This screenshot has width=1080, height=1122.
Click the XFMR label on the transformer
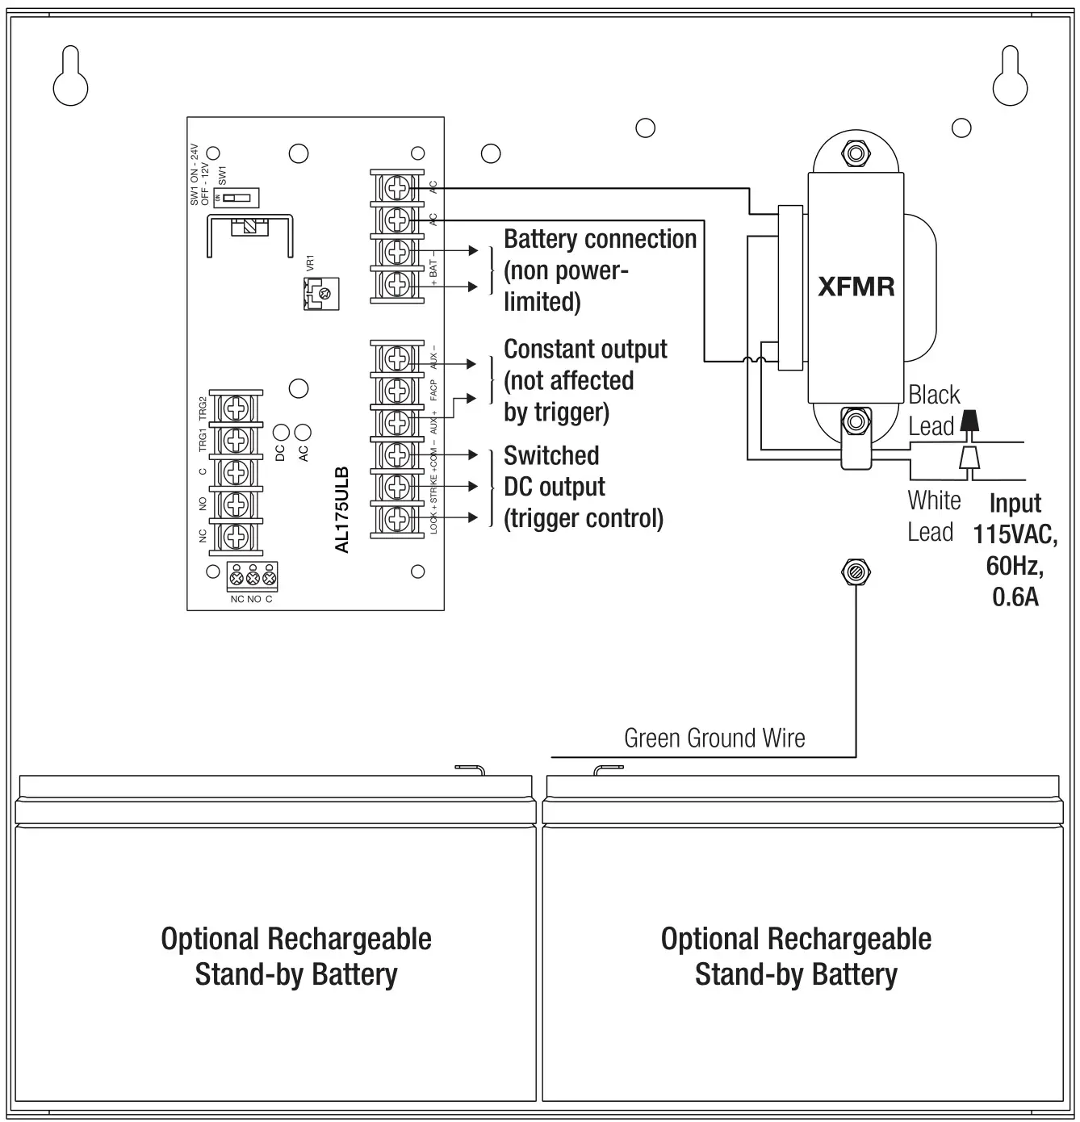[856, 287]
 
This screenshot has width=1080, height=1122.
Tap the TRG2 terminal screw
[236, 408]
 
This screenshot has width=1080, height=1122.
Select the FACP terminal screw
[396, 391]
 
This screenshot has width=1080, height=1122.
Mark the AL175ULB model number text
[341, 509]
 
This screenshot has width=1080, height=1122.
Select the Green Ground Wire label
[714, 738]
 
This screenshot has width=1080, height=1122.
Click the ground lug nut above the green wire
[856, 572]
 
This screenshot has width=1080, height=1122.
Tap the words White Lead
[934, 517]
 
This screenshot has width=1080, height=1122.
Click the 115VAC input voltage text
[1015, 535]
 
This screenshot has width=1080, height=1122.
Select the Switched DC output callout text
[583, 487]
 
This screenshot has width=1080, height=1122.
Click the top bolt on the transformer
[855, 153]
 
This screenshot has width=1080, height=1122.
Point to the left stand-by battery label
[296, 957]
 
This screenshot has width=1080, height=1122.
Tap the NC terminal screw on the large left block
[236, 536]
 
